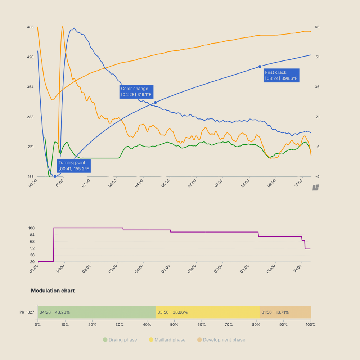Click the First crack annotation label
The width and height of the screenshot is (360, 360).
click(x=281, y=75)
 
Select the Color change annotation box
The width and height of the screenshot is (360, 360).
click(x=136, y=92)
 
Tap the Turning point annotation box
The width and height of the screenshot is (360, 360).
click(x=74, y=166)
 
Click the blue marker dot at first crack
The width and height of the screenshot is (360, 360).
click(x=260, y=67)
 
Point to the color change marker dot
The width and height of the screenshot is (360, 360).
click(x=156, y=103)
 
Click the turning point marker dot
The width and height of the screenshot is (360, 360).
click(x=55, y=176)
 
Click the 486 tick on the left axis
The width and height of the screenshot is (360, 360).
click(x=30, y=27)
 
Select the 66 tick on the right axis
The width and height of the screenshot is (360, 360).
click(x=317, y=27)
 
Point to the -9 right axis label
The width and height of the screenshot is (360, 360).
click(x=317, y=177)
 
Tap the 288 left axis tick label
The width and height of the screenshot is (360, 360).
click(x=30, y=117)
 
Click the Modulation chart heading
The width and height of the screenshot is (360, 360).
click(x=53, y=291)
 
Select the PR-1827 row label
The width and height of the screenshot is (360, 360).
click(x=27, y=312)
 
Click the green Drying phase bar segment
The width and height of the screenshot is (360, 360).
click(x=96, y=312)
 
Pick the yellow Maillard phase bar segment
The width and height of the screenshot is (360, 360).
click(x=208, y=312)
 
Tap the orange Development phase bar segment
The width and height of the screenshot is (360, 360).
click(x=285, y=312)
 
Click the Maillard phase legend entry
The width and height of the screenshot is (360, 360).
click(x=167, y=340)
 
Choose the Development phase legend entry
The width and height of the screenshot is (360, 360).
click(x=221, y=340)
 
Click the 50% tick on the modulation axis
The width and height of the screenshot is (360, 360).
click(x=174, y=324)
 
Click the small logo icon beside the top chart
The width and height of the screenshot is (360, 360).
click(x=316, y=187)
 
